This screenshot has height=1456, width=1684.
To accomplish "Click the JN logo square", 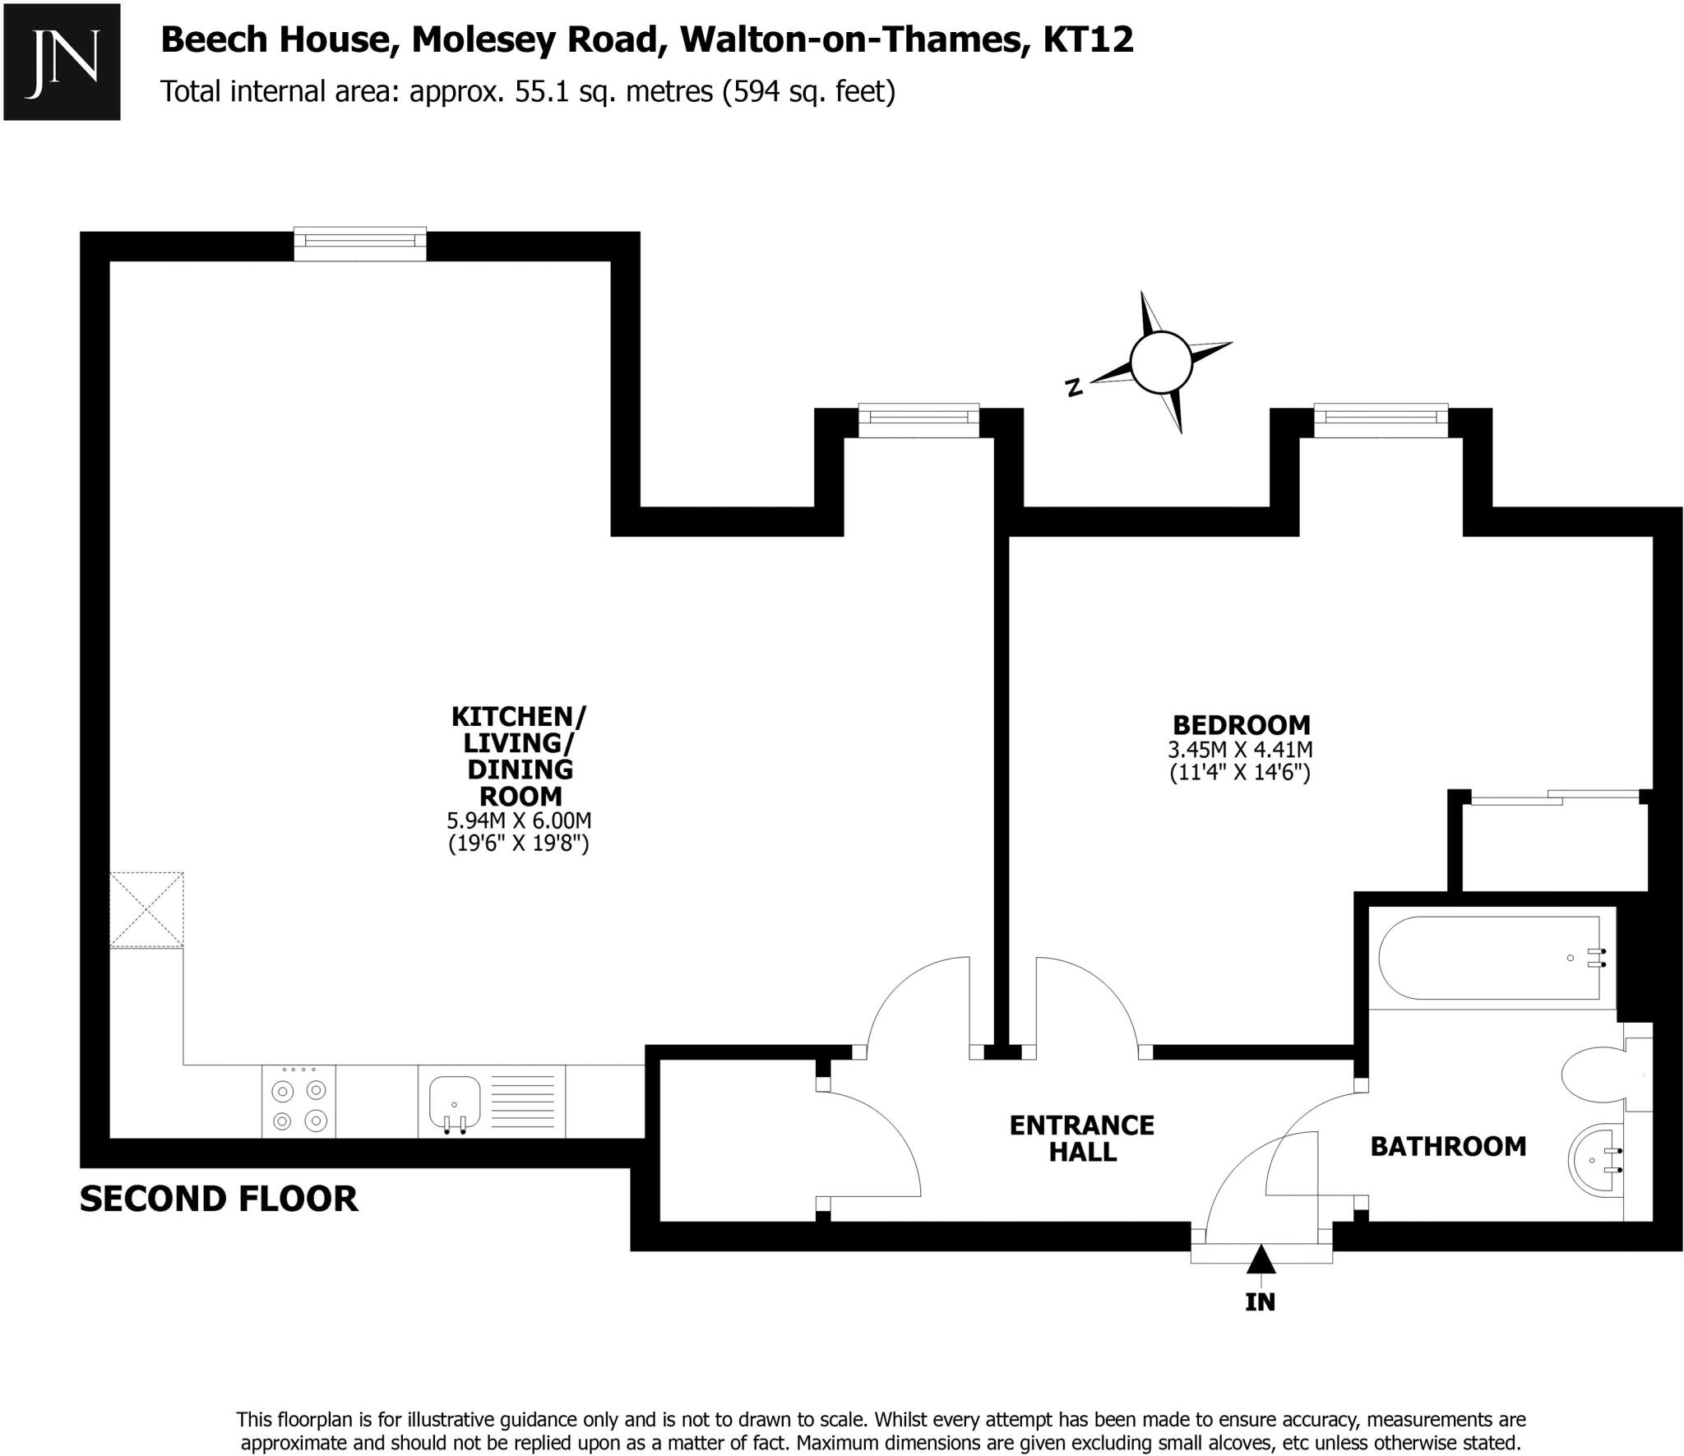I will pos(62,62).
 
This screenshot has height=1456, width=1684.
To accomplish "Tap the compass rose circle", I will pos(1160,362).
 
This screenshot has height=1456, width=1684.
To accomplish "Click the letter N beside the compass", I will pos(1073,387).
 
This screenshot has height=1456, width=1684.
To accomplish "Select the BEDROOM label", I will pos(1241,725).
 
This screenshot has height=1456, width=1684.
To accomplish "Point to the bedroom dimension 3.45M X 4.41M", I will pos(1240,750).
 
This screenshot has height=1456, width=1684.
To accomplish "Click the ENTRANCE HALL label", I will pos(1082,1138).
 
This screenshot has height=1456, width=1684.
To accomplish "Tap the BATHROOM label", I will pos(1447,1146).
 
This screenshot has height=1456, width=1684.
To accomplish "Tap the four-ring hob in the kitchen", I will pos(299,1105).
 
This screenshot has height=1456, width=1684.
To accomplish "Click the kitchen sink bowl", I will pos(454,1099).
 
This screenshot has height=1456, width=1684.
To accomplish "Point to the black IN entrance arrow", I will pos(1261,1260).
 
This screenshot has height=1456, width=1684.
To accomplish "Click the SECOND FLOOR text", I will pos(219,1199).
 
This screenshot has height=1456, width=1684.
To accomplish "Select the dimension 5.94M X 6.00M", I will pos(518,820).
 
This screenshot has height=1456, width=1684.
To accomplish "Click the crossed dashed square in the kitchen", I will pos(146,909).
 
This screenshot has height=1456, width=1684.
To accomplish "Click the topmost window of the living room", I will pos(360,241).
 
